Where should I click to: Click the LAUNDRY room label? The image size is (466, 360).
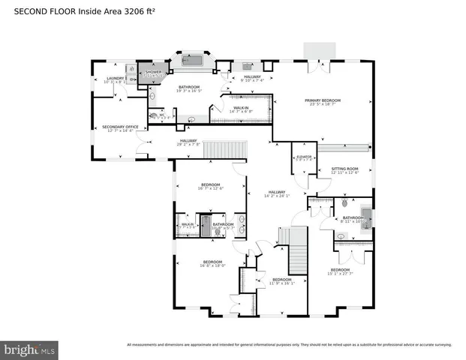click(x=115, y=79)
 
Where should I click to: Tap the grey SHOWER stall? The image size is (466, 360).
click(x=154, y=73)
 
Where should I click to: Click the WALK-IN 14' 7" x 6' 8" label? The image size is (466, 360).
click(x=242, y=109)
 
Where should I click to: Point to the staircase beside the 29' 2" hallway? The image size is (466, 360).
click(x=226, y=150)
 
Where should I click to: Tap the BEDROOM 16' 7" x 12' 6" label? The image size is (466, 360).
click(x=210, y=187)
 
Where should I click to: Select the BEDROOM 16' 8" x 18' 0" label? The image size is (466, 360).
click(x=213, y=264)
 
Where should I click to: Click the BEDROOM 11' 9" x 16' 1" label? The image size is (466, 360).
click(x=283, y=281)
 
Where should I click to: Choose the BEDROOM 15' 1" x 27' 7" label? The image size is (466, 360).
click(x=340, y=271)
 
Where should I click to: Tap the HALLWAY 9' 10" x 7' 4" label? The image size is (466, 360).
click(x=252, y=78)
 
